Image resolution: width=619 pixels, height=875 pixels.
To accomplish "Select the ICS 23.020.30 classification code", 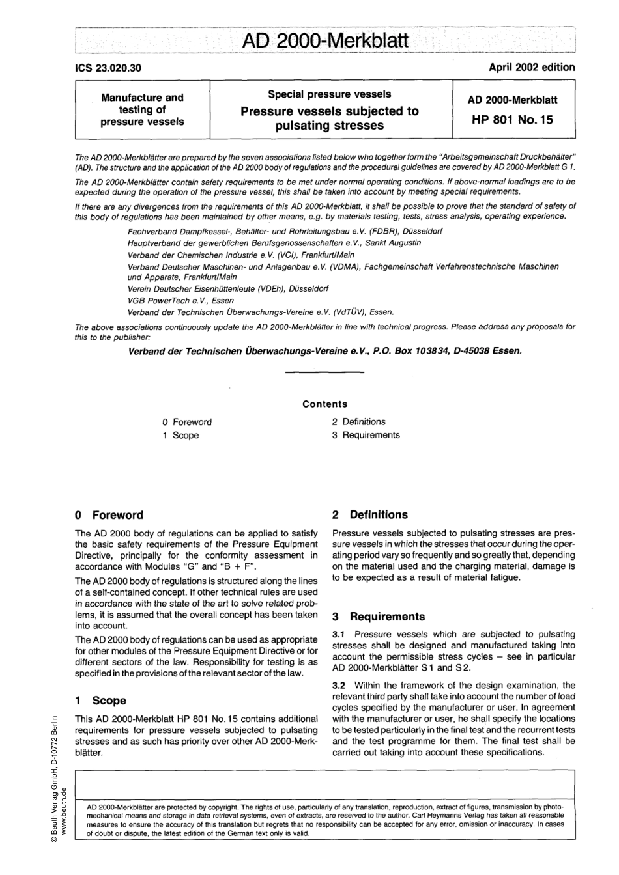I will [109, 68].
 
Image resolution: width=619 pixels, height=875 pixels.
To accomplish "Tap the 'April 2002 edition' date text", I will [532, 67].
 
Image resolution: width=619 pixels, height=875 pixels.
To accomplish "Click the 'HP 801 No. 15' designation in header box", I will [513, 120].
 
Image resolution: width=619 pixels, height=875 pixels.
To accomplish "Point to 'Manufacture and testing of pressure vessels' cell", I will [142, 109].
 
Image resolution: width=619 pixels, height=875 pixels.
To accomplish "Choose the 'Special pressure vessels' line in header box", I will [329, 94].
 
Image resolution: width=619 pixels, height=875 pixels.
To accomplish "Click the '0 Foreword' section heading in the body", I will [109, 515].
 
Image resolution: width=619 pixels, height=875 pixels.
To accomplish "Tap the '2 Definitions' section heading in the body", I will [369, 514].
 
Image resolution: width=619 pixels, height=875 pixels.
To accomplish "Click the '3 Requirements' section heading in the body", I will [378, 616].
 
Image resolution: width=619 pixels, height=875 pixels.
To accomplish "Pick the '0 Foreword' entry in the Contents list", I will [187, 422].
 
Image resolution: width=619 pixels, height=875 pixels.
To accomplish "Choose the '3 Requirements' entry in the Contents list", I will [366, 435].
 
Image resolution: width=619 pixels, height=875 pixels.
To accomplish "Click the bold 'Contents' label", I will [324, 404].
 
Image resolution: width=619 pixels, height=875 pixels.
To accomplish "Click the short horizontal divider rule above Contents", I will [324, 372].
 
